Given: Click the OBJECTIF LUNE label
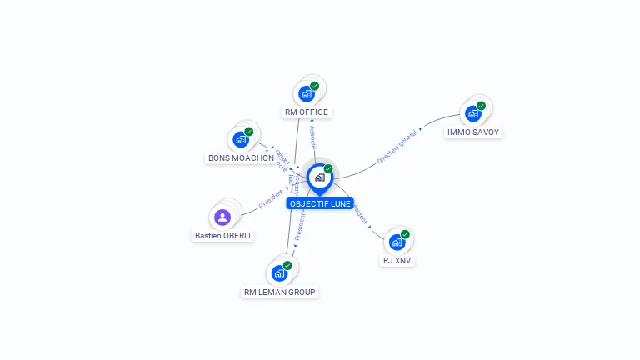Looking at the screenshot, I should click(320, 203).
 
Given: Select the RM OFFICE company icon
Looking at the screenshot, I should click(307, 93).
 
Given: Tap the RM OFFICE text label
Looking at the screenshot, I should click(307, 112).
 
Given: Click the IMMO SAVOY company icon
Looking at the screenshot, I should click(473, 113).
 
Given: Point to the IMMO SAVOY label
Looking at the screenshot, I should click(474, 132).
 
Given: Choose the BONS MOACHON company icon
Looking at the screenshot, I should click(241, 139).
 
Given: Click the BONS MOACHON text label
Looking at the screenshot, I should click(241, 157).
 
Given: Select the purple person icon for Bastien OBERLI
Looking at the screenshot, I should click(222, 217).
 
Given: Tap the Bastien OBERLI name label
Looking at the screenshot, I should click(223, 236).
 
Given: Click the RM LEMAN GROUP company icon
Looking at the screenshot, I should click(279, 272).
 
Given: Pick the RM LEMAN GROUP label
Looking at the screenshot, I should click(280, 292).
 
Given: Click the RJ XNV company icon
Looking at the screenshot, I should click(397, 242).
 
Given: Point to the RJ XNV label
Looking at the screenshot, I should click(397, 260).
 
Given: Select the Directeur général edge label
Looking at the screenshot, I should click(397, 147).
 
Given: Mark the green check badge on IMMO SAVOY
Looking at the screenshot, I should click(482, 106).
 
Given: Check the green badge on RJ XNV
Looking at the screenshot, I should click(405, 234).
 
